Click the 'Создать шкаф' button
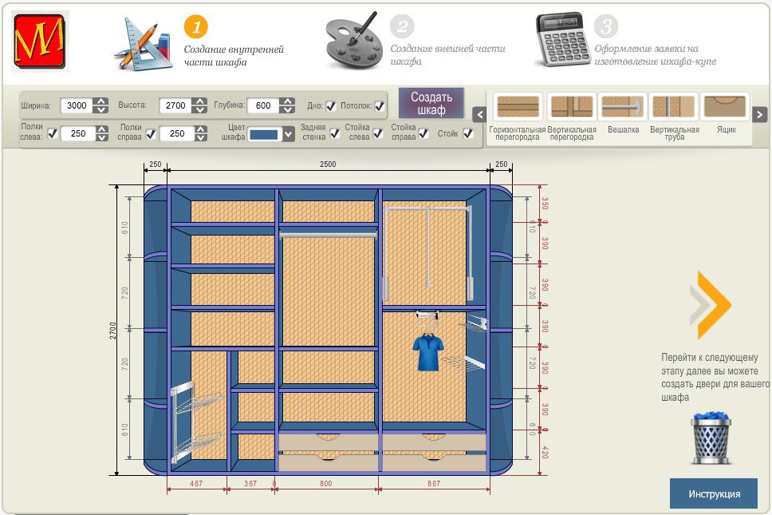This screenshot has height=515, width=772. click(431, 103)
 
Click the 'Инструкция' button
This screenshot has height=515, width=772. click(714, 493)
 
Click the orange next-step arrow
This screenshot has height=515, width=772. click(711, 305)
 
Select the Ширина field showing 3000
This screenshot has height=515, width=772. click(77, 105)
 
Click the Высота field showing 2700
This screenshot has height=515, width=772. click(175, 105)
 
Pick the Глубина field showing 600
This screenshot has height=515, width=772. click(262, 105)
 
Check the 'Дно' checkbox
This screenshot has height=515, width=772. click(330, 105)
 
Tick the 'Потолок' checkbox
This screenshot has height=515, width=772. click(380, 105)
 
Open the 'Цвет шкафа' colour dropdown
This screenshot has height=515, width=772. click(272, 134)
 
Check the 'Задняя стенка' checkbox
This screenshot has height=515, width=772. click(334, 133)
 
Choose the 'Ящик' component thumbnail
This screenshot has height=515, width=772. click(725, 107)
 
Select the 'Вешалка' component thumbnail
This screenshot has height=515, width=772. click(622, 107)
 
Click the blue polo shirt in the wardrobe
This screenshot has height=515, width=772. click(427, 352)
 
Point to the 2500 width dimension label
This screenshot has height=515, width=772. click(328, 164)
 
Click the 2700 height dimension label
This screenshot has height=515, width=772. click(113, 330)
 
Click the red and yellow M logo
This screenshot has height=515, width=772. click(40, 40)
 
